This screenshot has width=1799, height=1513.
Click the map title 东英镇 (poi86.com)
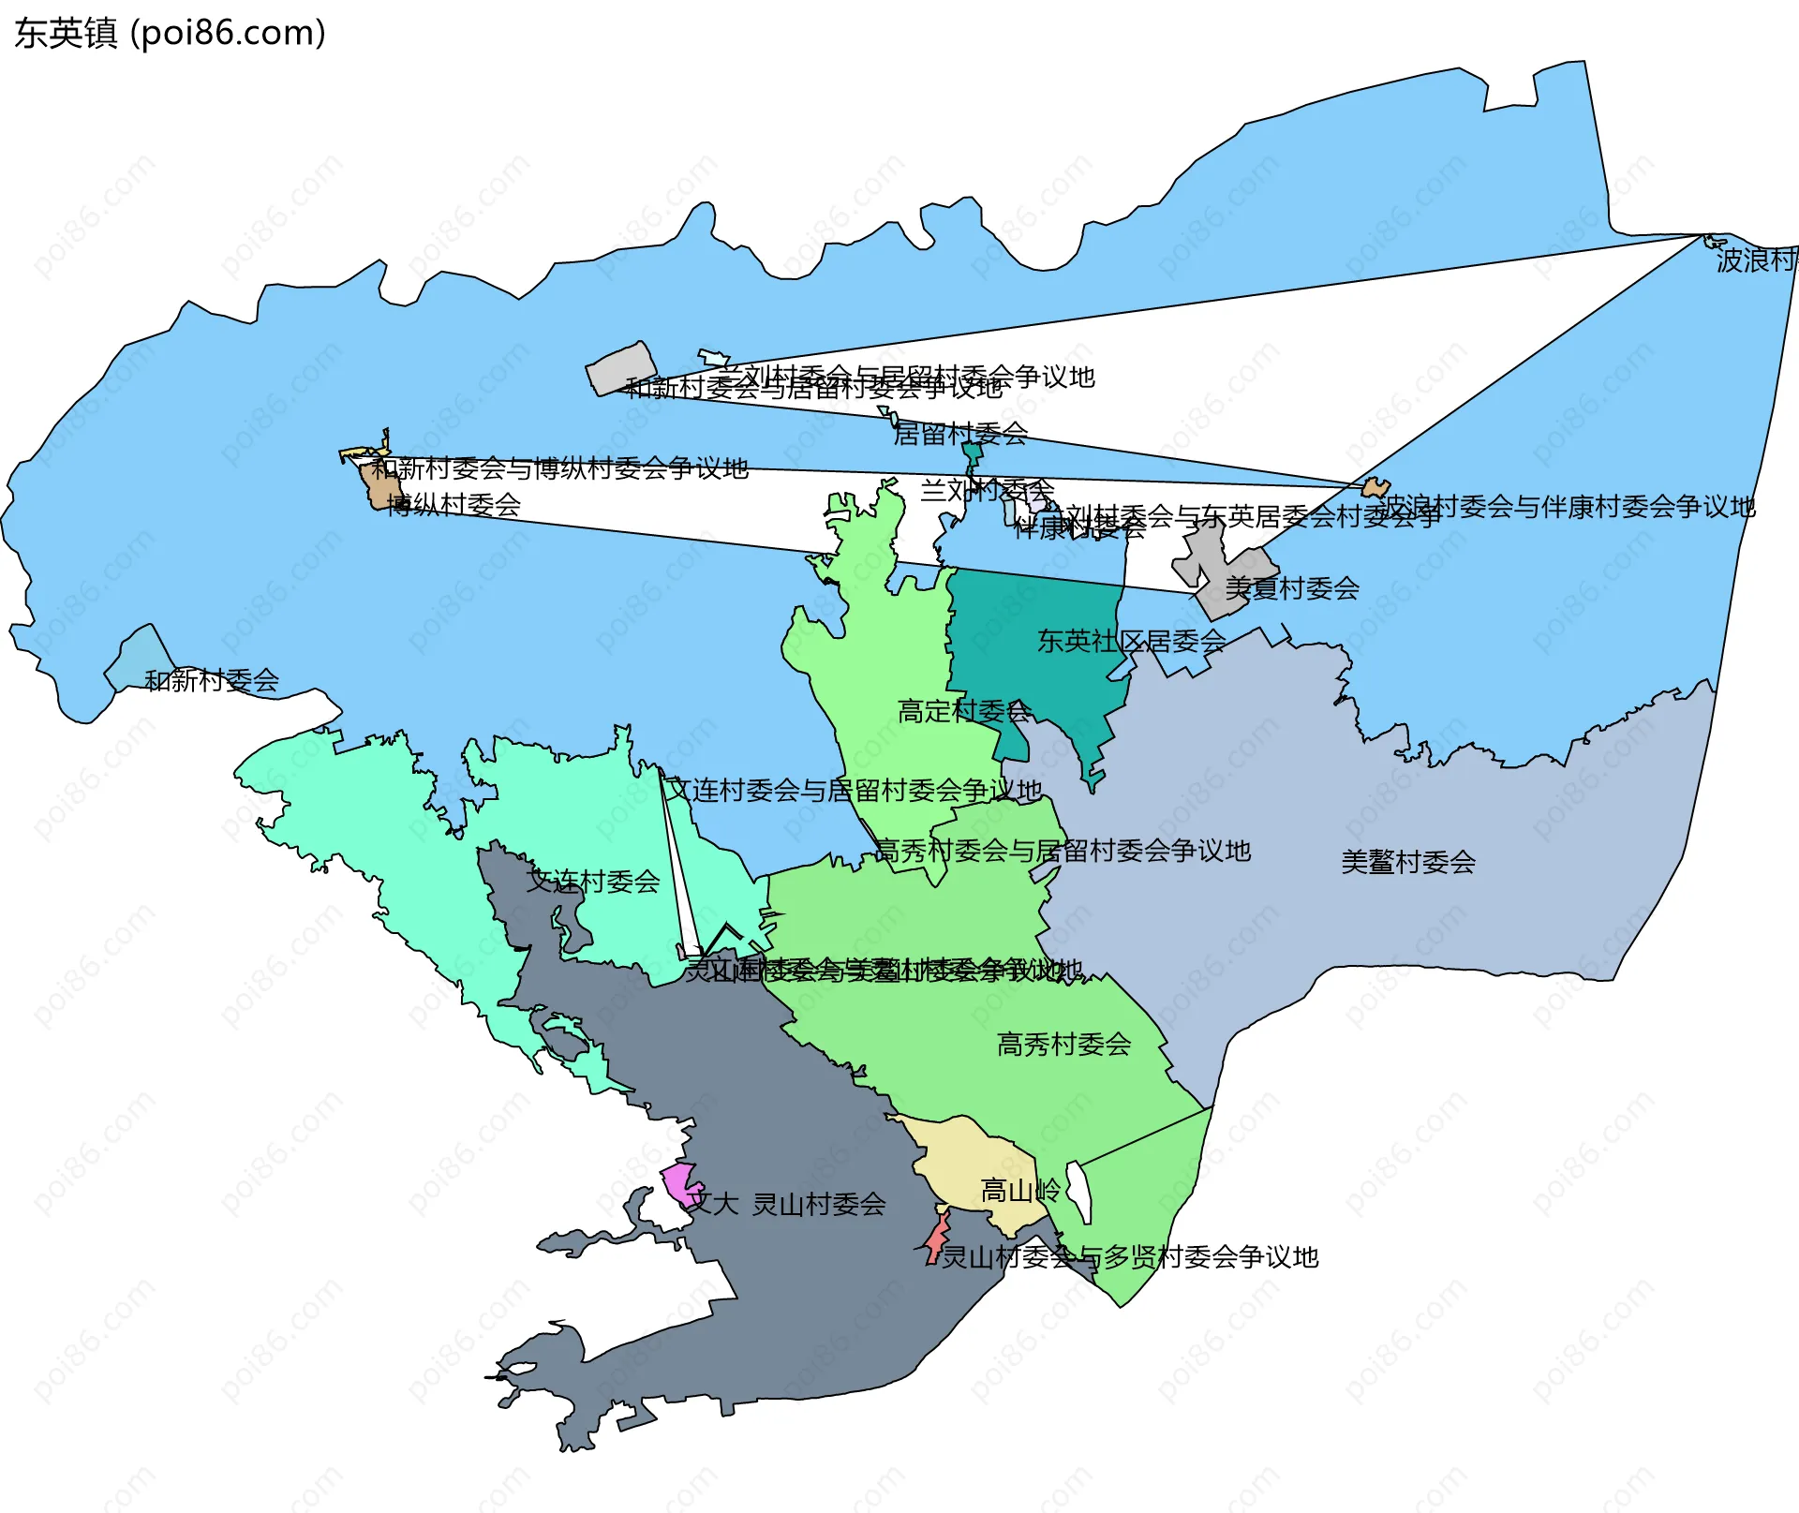[170, 34]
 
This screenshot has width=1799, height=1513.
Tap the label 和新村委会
[212, 681]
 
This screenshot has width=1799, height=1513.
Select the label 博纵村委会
[453, 505]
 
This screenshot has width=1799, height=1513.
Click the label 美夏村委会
[1292, 588]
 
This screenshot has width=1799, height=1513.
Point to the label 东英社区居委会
[1131, 642]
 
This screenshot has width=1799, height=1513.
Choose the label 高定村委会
[964, 712]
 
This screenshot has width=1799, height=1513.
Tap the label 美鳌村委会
[1407, 862]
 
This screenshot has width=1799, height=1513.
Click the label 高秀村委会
[1063, 1045]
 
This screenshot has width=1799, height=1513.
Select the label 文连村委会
[593, 882]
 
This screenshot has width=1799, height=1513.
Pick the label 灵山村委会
[819, 1205]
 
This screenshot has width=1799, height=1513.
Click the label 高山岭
[1019, 1192]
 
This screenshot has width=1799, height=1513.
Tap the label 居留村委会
[960, 434]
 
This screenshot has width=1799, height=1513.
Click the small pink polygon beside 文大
[680, 1182]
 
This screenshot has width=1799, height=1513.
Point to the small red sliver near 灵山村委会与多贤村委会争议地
[936, 1239]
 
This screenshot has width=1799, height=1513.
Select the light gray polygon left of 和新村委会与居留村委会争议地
[621, 369]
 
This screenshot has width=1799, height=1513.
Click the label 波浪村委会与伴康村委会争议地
[1567, 507]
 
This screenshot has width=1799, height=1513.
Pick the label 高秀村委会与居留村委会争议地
[1063, 852]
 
